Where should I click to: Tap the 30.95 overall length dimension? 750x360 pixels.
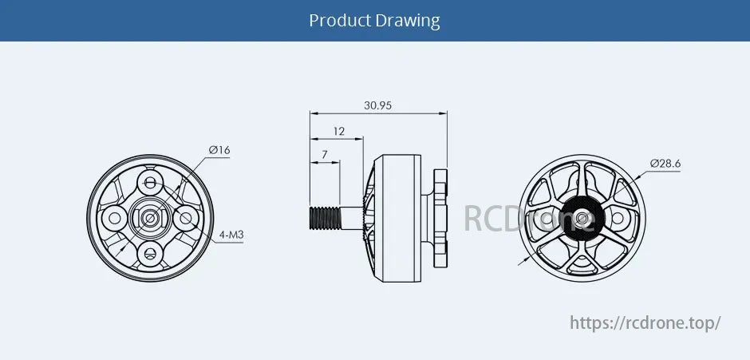pyautogui.click(x=377, y=105)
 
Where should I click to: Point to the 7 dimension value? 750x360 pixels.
pyautogui.click(x=324, y=153)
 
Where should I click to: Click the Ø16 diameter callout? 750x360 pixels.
pyautogui.click(x=219, y=150)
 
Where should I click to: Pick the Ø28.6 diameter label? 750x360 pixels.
pyautogui.click(x=665, y=164)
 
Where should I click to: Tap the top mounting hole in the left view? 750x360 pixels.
pyautogui.click(x=150, y=181)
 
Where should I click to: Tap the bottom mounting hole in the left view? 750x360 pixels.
pyautogui.click(x=150, y=253)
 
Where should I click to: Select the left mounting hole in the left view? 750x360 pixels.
pyautogui.click(x=114, y=217)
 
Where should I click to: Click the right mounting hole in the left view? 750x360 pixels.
pyautogui.click(x=187, y=217)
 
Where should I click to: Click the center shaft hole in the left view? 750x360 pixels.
pyautogui.click(x=150, y=217)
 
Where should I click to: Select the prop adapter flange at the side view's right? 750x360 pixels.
pyautogui.click(x=440, y=216)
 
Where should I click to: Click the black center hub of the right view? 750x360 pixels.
pyautogui.click(x=580, y=217)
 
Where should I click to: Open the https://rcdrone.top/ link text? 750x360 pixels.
pyautogui.click(x=645, y=322)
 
